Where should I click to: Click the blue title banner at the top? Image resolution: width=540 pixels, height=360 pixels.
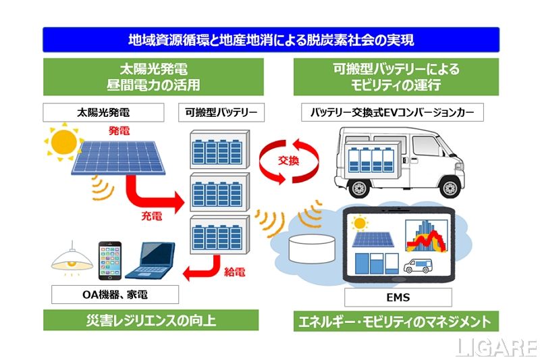271,40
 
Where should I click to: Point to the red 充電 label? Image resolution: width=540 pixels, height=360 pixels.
151,217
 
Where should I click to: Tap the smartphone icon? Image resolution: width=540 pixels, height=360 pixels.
110,260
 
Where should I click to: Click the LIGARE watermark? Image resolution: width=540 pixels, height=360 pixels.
495,346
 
